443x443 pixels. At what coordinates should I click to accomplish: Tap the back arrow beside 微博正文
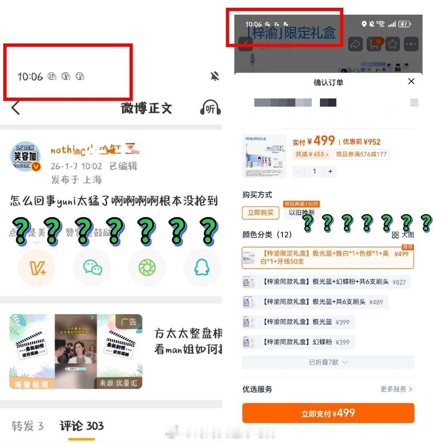point(16,108)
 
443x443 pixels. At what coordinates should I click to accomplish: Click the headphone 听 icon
point(210,108)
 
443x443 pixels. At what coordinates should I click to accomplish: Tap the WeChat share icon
point(92,267)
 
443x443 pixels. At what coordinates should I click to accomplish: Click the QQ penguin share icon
point(202,267)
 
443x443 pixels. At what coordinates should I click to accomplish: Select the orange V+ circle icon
point(37,267)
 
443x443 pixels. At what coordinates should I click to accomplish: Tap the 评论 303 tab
point(82,426)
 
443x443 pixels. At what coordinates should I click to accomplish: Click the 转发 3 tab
point(27,426)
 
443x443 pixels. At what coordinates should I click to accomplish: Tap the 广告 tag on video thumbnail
point(128,322)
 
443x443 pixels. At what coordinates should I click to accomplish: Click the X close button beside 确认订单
point(411,81)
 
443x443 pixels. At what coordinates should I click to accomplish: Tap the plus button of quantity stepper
point(330,171)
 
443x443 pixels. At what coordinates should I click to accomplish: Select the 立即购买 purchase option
point(260,212)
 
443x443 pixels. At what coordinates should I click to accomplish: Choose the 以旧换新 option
point(301,212)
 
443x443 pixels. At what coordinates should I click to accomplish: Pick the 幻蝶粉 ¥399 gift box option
point(299,342)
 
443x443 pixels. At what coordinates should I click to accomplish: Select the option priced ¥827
point(327,282)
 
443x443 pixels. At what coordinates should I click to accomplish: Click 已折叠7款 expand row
point(328,362)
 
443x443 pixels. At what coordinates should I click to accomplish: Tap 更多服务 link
point(396,389)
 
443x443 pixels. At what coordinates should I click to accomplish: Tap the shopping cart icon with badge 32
point(374,44)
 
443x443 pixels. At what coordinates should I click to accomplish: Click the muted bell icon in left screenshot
point(215,76)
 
